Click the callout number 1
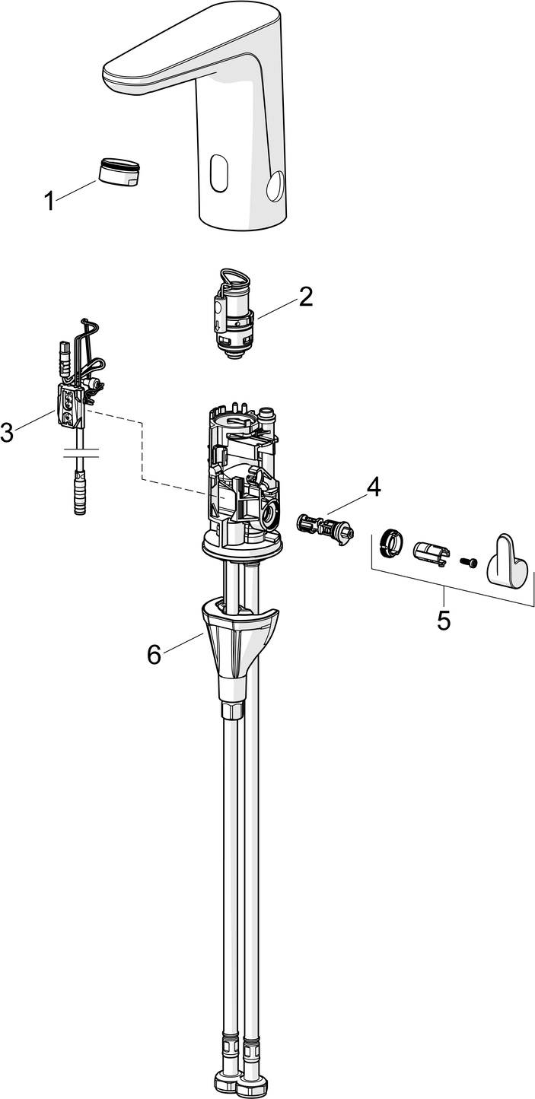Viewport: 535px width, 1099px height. tap(49, 202)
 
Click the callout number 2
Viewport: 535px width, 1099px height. tap(305, 297)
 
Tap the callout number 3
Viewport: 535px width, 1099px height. tap(7, 433)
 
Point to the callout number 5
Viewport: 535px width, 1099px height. tap(444, 620)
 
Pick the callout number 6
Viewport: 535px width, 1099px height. tap(154, 653)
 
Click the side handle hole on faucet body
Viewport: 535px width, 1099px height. tap(275, 184)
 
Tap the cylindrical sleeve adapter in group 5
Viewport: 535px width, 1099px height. tap(430, 553)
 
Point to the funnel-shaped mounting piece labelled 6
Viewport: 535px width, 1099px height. tap(233, 643)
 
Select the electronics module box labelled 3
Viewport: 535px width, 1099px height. tap(71, 403)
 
